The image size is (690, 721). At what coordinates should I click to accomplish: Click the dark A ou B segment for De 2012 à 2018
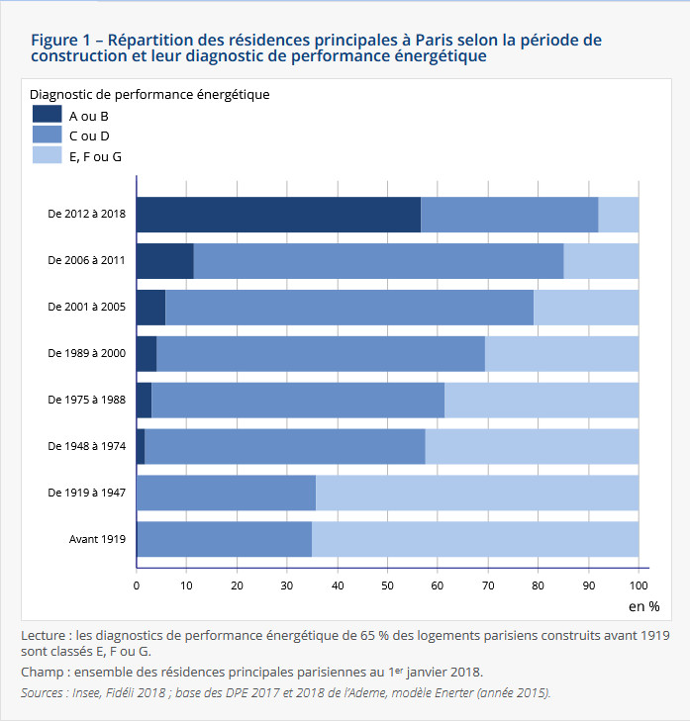click(278, 214)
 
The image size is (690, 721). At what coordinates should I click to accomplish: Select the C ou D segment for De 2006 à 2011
click(378, 260)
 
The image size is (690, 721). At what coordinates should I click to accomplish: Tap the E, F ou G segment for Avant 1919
click(475, 539)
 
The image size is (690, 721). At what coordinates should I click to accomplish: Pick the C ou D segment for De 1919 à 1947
click(226, 493)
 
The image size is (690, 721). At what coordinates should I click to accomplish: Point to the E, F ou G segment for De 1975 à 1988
click(542, 400)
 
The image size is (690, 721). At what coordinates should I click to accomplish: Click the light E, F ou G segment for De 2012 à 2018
click(619, 214)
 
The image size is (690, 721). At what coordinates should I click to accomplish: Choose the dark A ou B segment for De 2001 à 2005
click(150, 307)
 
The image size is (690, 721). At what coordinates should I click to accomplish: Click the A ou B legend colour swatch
click(47, 115)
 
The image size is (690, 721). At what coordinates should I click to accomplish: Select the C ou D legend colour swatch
click(47, 135)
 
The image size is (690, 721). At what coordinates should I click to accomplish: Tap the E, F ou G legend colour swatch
click(47, 155)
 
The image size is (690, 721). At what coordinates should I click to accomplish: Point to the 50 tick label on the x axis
click(387, 586)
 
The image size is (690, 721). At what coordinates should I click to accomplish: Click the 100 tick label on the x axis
click(639, 586)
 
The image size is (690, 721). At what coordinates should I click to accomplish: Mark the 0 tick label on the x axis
click(137, 586)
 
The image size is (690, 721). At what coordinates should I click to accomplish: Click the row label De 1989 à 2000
click(86, 353)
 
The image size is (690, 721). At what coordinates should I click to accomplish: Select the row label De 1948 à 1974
click(86, 446)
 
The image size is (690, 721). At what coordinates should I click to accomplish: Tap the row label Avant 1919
click(97, 539)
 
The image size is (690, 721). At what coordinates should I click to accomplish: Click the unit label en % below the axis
click(643, 605)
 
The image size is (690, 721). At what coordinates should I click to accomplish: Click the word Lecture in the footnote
click(45, 635)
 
